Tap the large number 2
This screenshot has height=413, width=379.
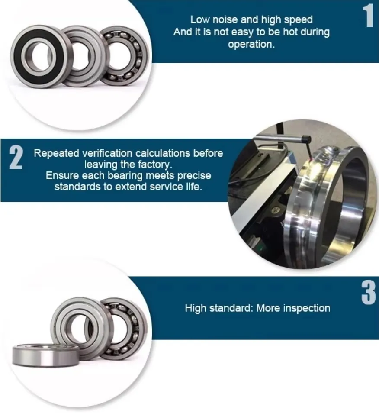click(x=16, y=158)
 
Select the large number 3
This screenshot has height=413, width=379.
click(x=369, y=292)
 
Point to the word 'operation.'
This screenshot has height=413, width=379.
click(x=251, y=44)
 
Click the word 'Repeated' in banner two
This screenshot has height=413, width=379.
click(x=57, y=153)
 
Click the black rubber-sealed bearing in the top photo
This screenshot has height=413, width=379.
click(x=38, y=57)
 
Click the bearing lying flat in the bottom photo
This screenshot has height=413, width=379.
click(x=45, y=355)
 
